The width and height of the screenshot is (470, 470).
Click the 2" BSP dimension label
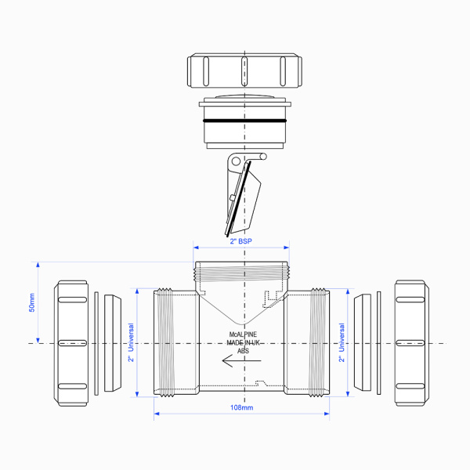pyautogui.click(x=240, y=242)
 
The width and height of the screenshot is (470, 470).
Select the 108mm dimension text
pyautogui.click(x=241, y=408)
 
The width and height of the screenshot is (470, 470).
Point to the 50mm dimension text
pyautogui.click(x=32, y=302)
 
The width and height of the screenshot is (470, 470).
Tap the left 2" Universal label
pyautogui.click(x=131, y=343)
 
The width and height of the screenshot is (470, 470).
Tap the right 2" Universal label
pyautogui.click(x=342, y=343)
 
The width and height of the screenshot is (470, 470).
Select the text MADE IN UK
pyautogui.click(x=242, y=343)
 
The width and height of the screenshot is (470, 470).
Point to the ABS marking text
pyautogui.click(x=242, y=352)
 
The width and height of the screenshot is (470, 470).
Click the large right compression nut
pyautogui.click(x=412, y=343)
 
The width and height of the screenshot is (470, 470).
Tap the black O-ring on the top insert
pyautogui.click(x=244, y=121)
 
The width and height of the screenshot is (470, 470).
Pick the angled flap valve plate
pyautogui.click(x=244, y=200)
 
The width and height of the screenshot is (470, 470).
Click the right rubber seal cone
pyautogui.click(x=363, y=343)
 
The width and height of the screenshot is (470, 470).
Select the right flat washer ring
pyautogui.click(x=381, y=343)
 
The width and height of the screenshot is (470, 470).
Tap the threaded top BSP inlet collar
pyautogui.click(x=241, y=275)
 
